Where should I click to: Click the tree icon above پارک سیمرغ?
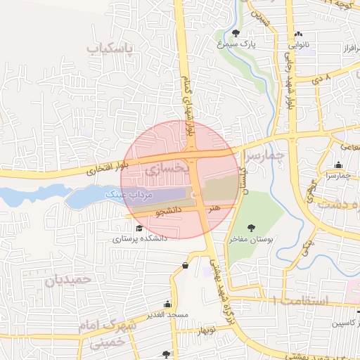(x=235, y=33)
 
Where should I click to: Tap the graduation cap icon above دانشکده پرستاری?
(x=139, y=229)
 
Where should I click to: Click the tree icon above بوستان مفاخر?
(x=252, y=227)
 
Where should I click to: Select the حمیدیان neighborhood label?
(x=69, y=279)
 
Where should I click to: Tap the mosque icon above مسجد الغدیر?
(x=167, y=304)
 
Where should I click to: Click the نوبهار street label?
(x=206, y=329)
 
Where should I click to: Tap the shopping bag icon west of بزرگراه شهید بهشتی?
(x=185, y=266)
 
